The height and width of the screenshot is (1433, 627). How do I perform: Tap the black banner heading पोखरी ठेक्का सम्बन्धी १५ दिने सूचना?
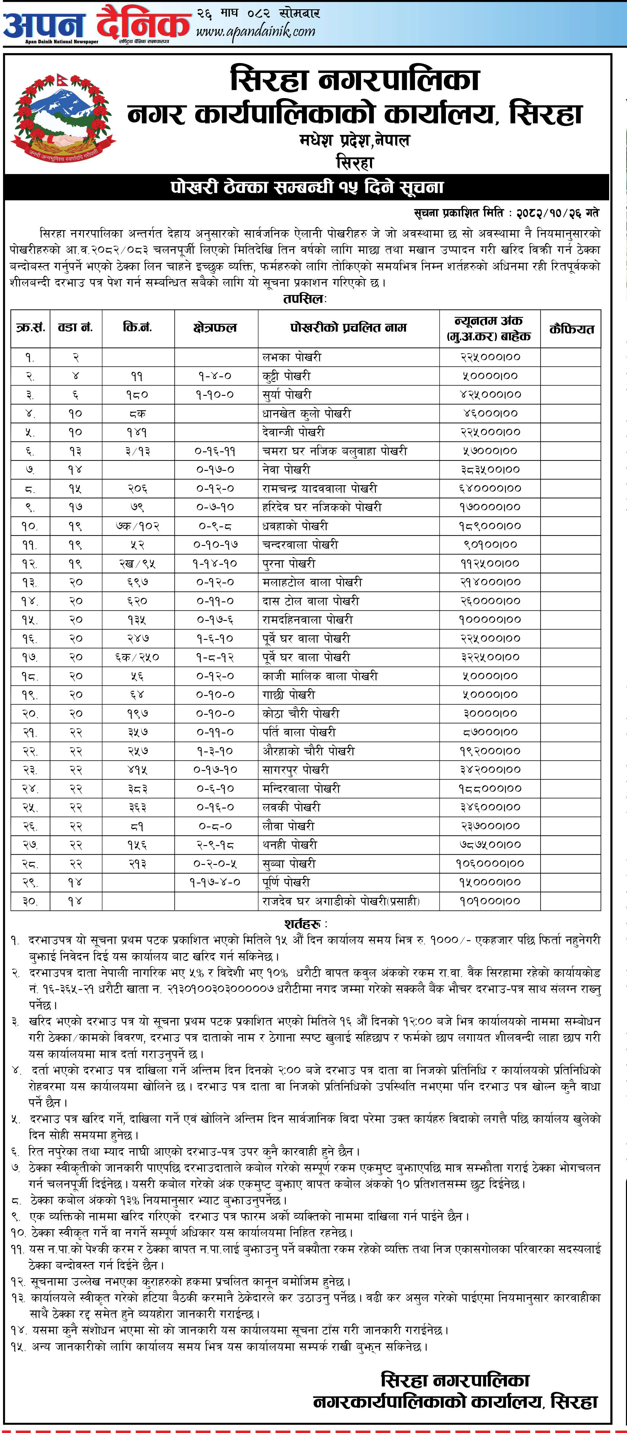pyautogui.click(x=307, y=188)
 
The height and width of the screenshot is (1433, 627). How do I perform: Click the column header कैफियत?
pyautogui.click(x=571, y=329)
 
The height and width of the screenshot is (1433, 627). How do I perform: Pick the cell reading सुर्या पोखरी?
pyautogui.click(x=287, y=394)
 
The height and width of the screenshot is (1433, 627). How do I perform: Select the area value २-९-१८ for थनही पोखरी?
pyautogui.click(x=216, y=844)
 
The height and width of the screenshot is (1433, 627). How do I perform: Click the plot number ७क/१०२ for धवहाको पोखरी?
pyautogui.click(x=138, y=526)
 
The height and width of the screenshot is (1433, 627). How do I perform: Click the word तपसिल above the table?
pyautogui.click(x=304, y=299)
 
